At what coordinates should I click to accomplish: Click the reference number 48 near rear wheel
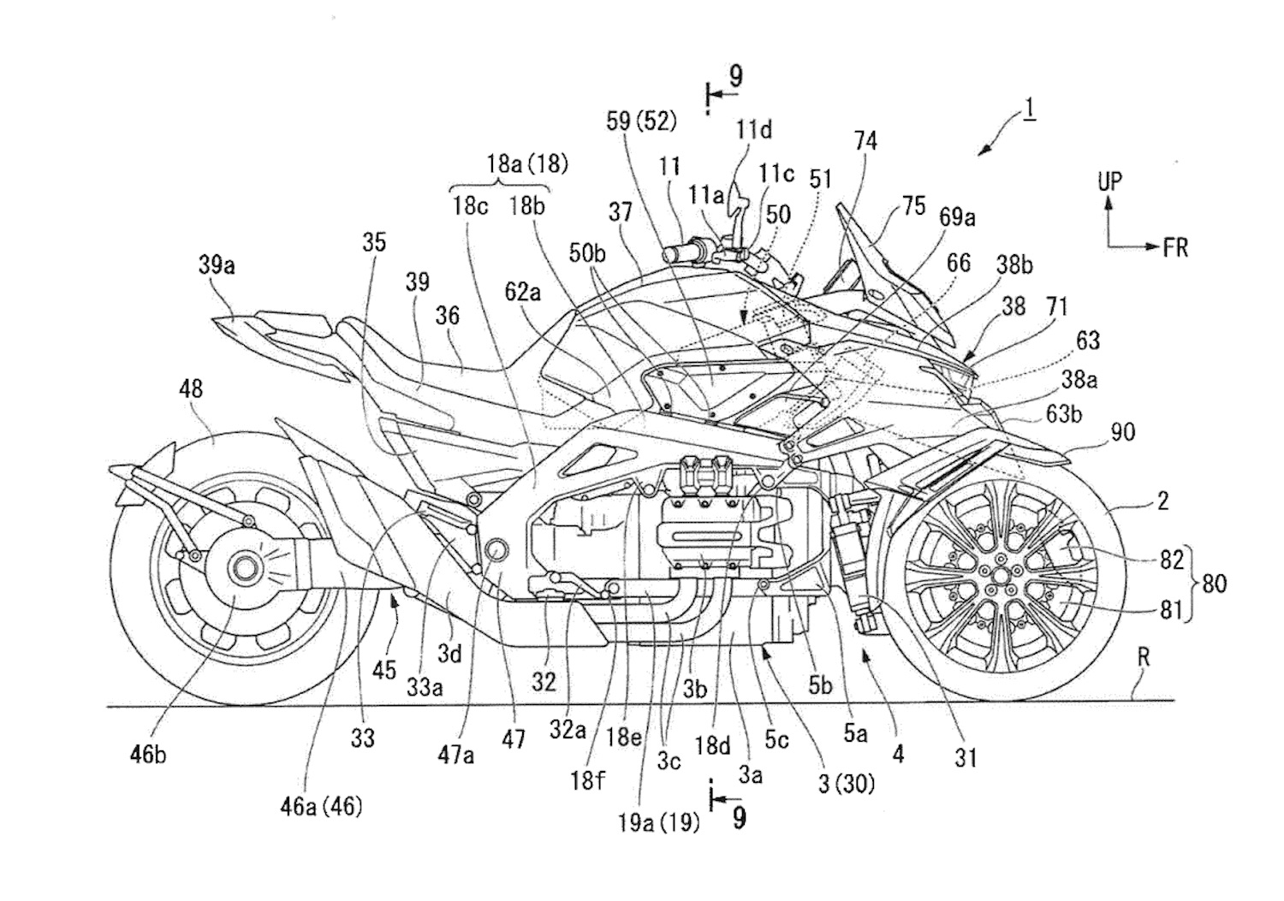[x=191, y=388]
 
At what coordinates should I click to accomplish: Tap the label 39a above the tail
[x=217, y=265]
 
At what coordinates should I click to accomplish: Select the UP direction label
[x=1109, y=181]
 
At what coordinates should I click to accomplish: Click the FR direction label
[x=1175, y=247]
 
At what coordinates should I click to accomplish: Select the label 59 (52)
[x=641, y=122]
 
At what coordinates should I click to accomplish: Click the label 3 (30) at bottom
[x=847, y=782]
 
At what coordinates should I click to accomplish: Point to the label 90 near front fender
[x=1122, y=431]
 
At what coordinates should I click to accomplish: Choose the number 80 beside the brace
[x=1214, y=584]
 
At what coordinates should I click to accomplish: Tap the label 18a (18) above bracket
[x=527, y=163]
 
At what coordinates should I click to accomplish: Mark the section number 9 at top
[x=734, y=76]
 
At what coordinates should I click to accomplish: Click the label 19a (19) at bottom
[x=659, y=822]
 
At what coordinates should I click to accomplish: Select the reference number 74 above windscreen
[x=865, y=140]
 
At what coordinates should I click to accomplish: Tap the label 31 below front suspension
[x=966, y=756]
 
